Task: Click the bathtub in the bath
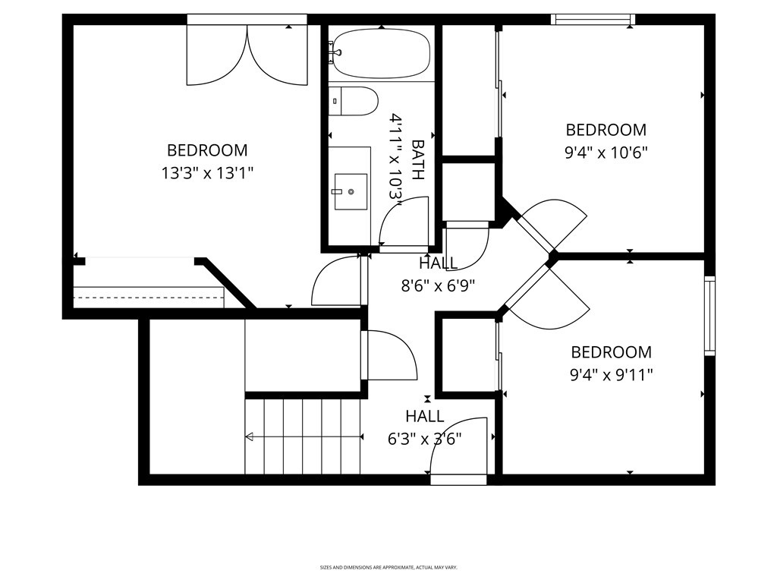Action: (380, 53)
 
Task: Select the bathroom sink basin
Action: (351, 192)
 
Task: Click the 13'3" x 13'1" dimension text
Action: (207, 173)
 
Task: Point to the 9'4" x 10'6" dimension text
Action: (606, 153)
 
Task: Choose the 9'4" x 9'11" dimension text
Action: (611, 375)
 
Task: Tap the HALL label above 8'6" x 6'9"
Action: (438, 263)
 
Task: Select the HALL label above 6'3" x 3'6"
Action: (424, 416)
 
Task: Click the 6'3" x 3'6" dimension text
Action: (424, 439)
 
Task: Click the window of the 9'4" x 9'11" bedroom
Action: (709, 316)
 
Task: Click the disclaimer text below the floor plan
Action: (388, 567)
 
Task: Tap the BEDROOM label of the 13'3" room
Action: (207, 150)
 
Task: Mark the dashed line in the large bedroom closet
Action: (149, 298)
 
